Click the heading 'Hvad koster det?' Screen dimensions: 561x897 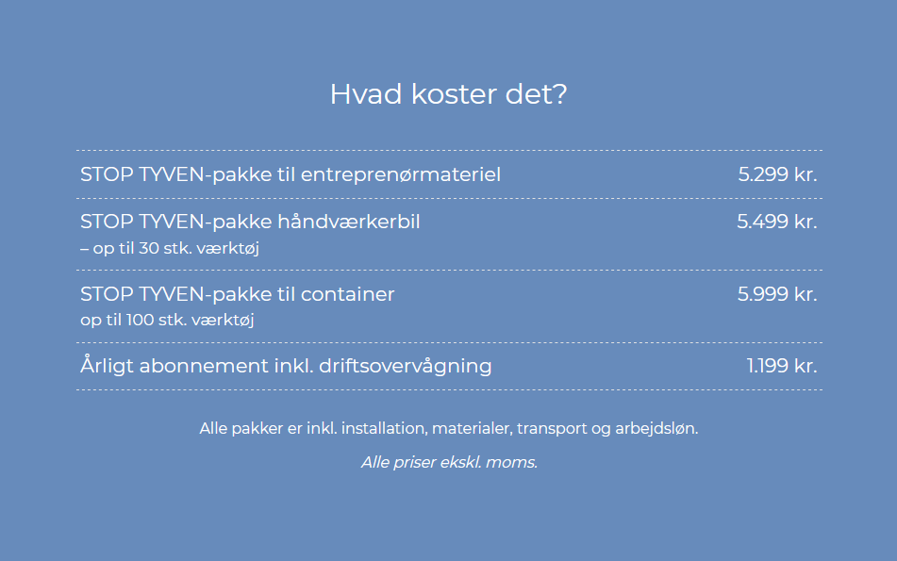click(x=448, y=95)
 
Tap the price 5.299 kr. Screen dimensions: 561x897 click(x=777, y=174)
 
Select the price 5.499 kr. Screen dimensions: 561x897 click(x=776, y=222)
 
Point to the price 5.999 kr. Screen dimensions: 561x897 click(x=776, y=294)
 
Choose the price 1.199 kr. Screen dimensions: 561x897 click(x=781, y=366)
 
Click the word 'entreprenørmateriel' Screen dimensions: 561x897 click(x=401, y=174)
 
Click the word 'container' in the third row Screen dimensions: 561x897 click(x=347, y=294)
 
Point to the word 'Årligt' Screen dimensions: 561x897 click(x=107, y=366)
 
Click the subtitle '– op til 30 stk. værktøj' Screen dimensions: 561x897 click(x=169, y=248)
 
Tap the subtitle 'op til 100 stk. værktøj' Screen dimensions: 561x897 click(x=168, y=320)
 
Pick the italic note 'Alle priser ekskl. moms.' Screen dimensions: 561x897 click(x=449, y=463)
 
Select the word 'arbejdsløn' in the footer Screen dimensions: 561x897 click(x=656, y=428)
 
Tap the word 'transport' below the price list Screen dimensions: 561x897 click(x=551, y=428)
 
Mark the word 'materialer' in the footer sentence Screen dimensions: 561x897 click(x=472, y=428)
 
